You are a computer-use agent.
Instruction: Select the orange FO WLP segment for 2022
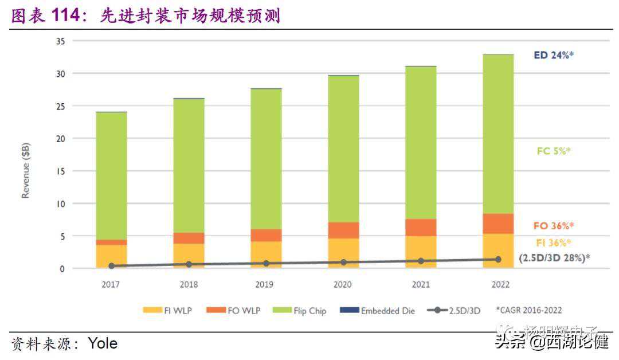click(x=498, y=224)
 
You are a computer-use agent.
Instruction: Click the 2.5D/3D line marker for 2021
click(x=421, y=261)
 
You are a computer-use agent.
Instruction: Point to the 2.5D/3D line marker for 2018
click(x=189, y=264)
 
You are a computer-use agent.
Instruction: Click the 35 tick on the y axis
click(x=60, y=41)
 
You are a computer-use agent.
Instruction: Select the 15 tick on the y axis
click(x=60, y=171)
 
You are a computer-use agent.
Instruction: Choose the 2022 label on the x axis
click(x=498, y=284)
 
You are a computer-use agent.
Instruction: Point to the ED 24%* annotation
click(x=554, y=56)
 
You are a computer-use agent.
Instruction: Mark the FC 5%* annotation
click(x=554, y=151)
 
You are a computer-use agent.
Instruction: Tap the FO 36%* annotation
click(x=554, y=225)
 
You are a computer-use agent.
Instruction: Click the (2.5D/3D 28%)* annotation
click(x=554, y=258)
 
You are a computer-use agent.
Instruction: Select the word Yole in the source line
click(x=103, y=343)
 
